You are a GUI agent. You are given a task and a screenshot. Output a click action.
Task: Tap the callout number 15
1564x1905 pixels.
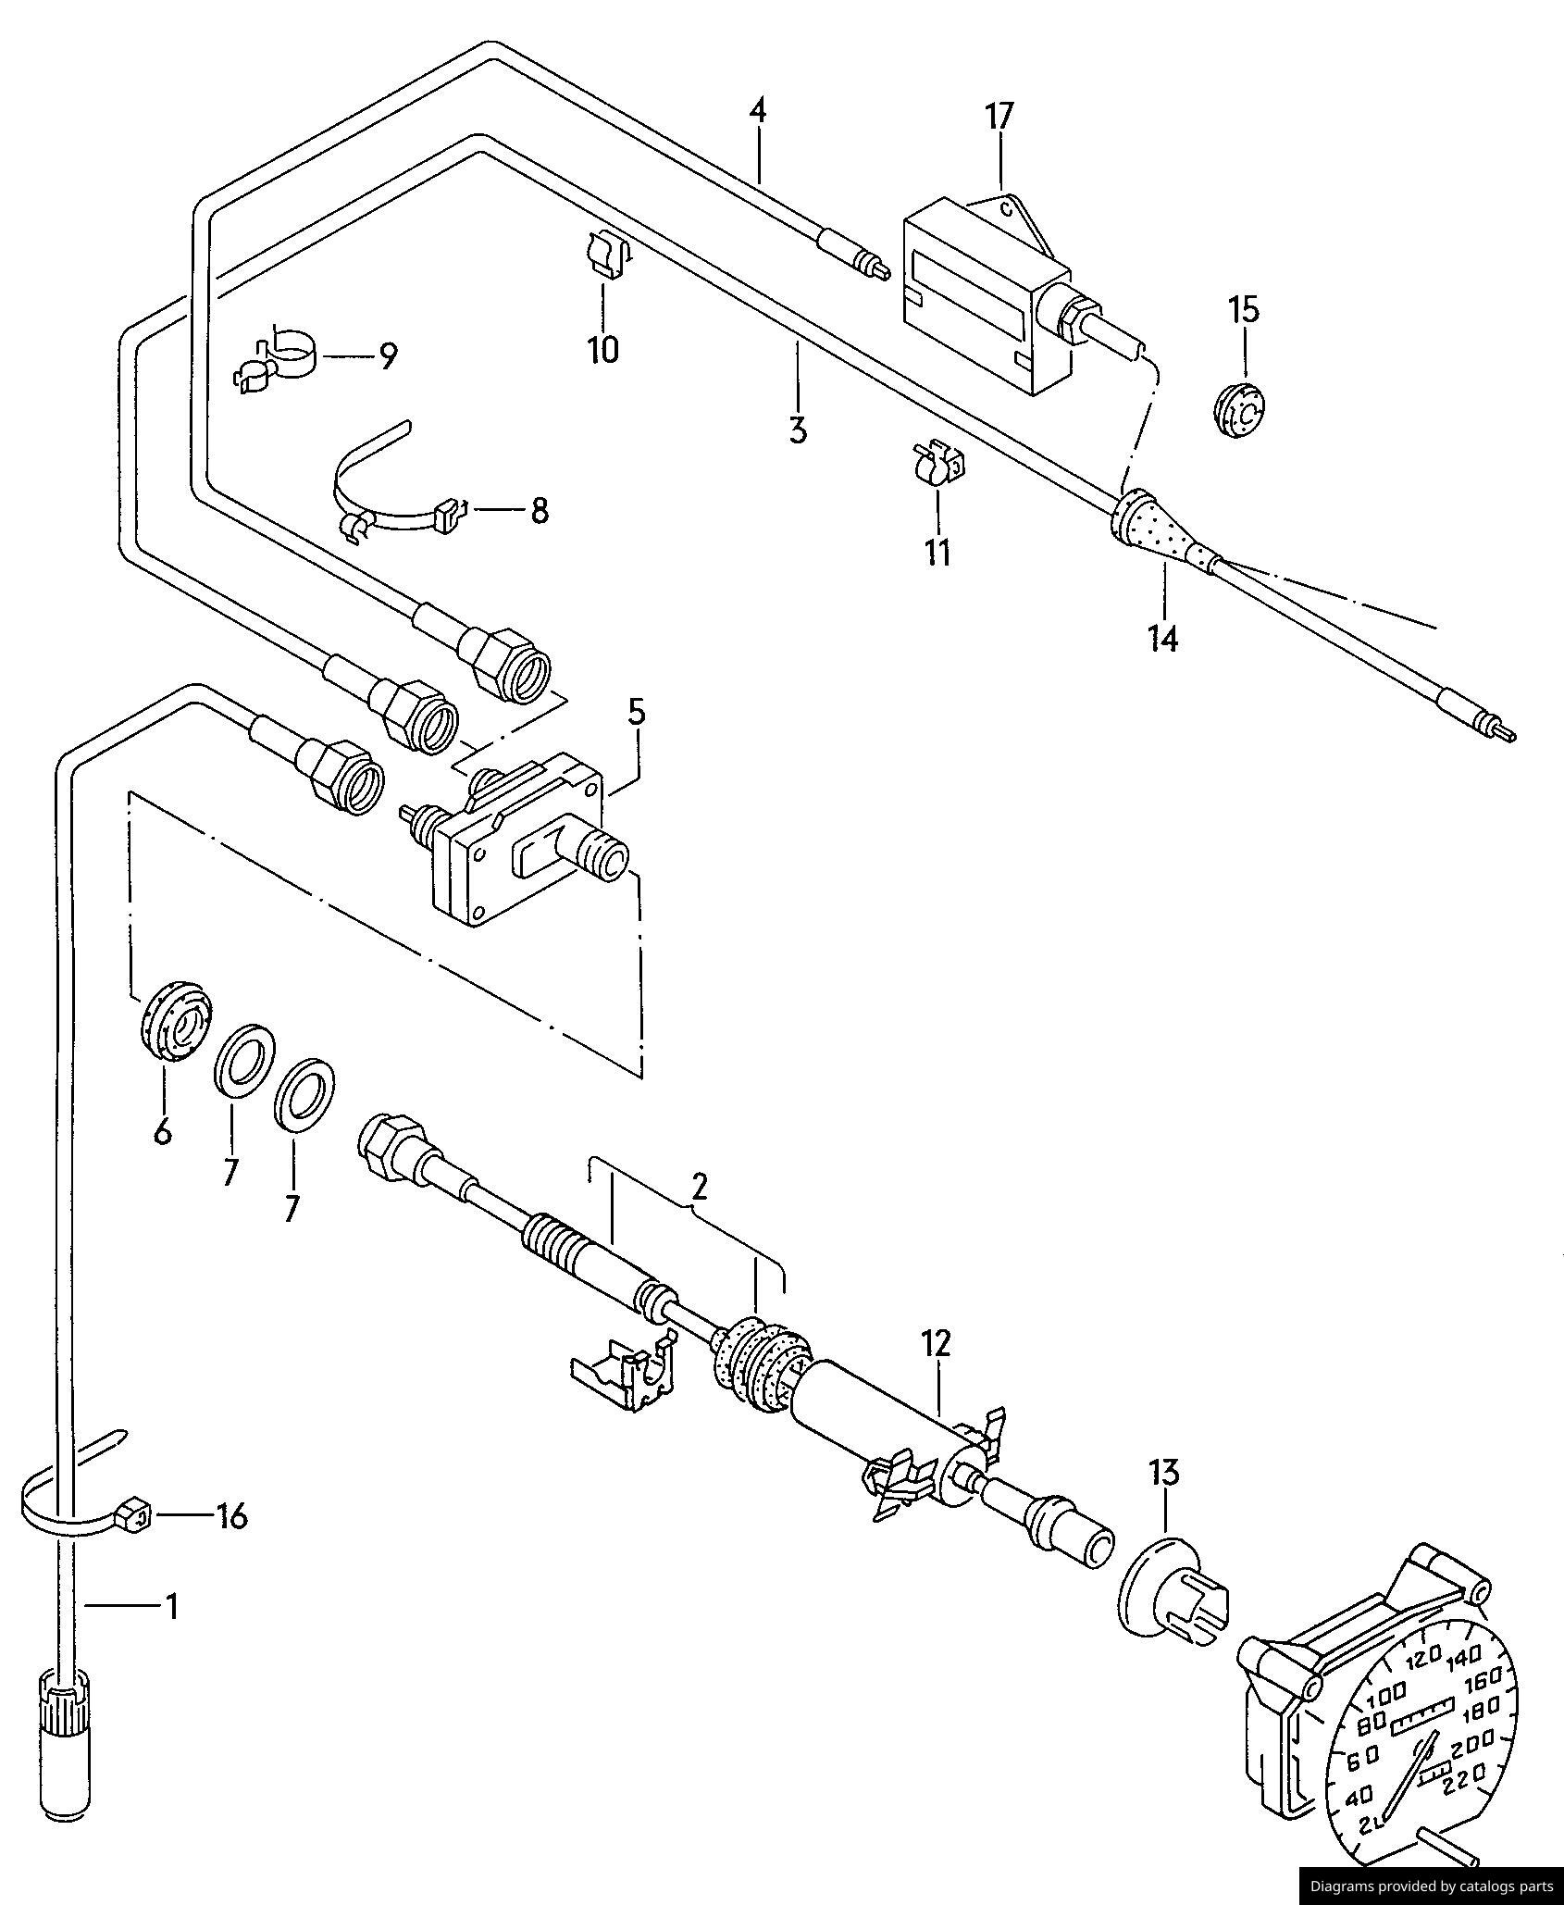(1244, 309)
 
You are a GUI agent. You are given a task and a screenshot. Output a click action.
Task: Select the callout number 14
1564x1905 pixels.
(1163, 638)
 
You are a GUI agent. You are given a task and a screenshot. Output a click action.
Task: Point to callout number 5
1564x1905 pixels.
(636, 713)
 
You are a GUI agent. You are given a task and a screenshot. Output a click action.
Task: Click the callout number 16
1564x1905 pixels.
(232, 1516)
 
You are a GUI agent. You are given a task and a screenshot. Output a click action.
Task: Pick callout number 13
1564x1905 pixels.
(1164, 1471)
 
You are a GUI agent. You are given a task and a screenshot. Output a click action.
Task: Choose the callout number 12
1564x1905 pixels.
(936, 1343)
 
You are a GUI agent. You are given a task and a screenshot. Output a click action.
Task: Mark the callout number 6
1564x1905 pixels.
(163, 1131)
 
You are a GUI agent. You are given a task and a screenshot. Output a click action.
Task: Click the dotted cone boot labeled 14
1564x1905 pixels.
(1162, 528)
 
